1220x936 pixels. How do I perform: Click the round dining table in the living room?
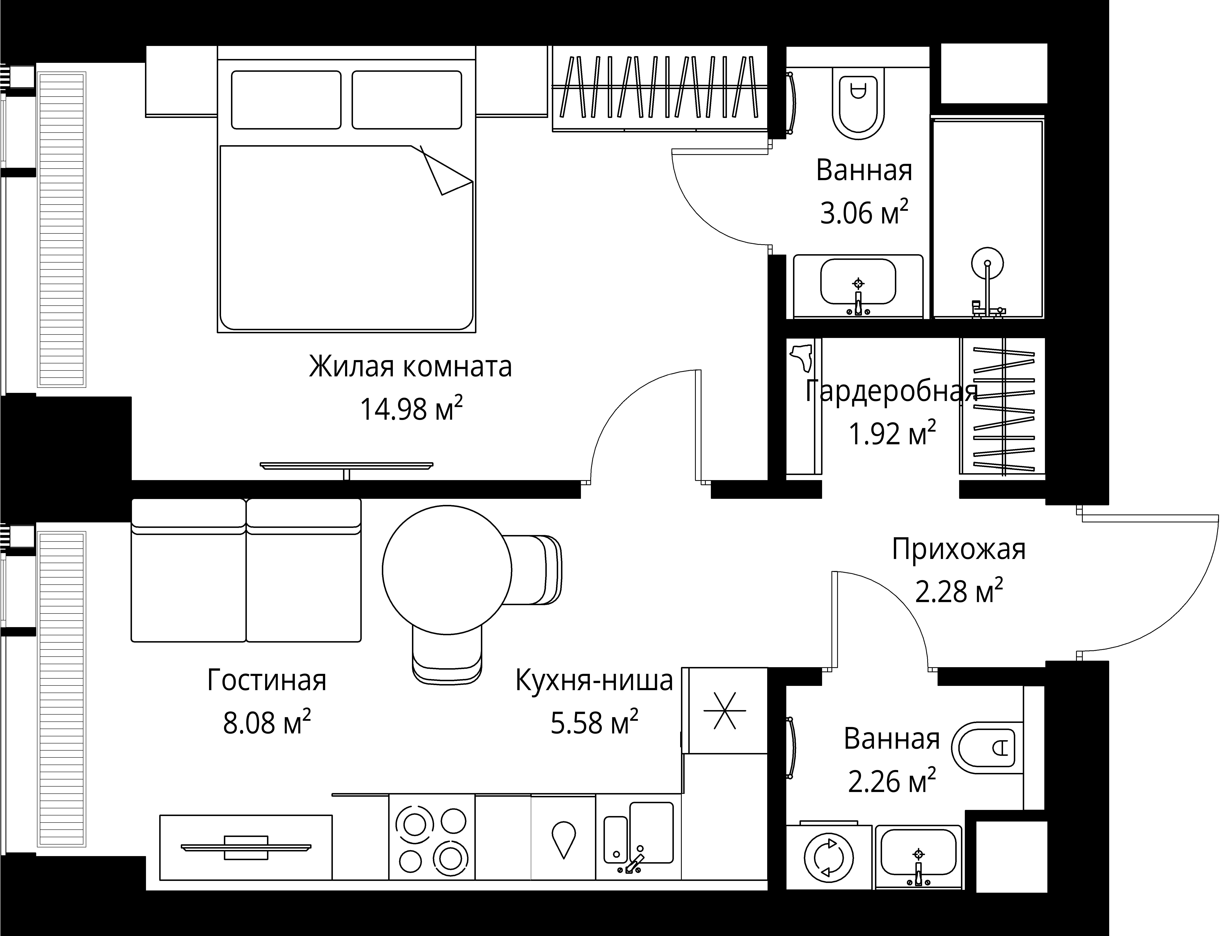[447, 569]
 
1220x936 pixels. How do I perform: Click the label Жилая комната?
[411, 367]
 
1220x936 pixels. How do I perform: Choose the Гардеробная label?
[891, 391]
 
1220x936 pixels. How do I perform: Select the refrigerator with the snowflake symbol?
[725, 710]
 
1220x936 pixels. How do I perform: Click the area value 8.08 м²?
[267, 723]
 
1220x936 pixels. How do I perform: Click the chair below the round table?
[447, 655]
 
